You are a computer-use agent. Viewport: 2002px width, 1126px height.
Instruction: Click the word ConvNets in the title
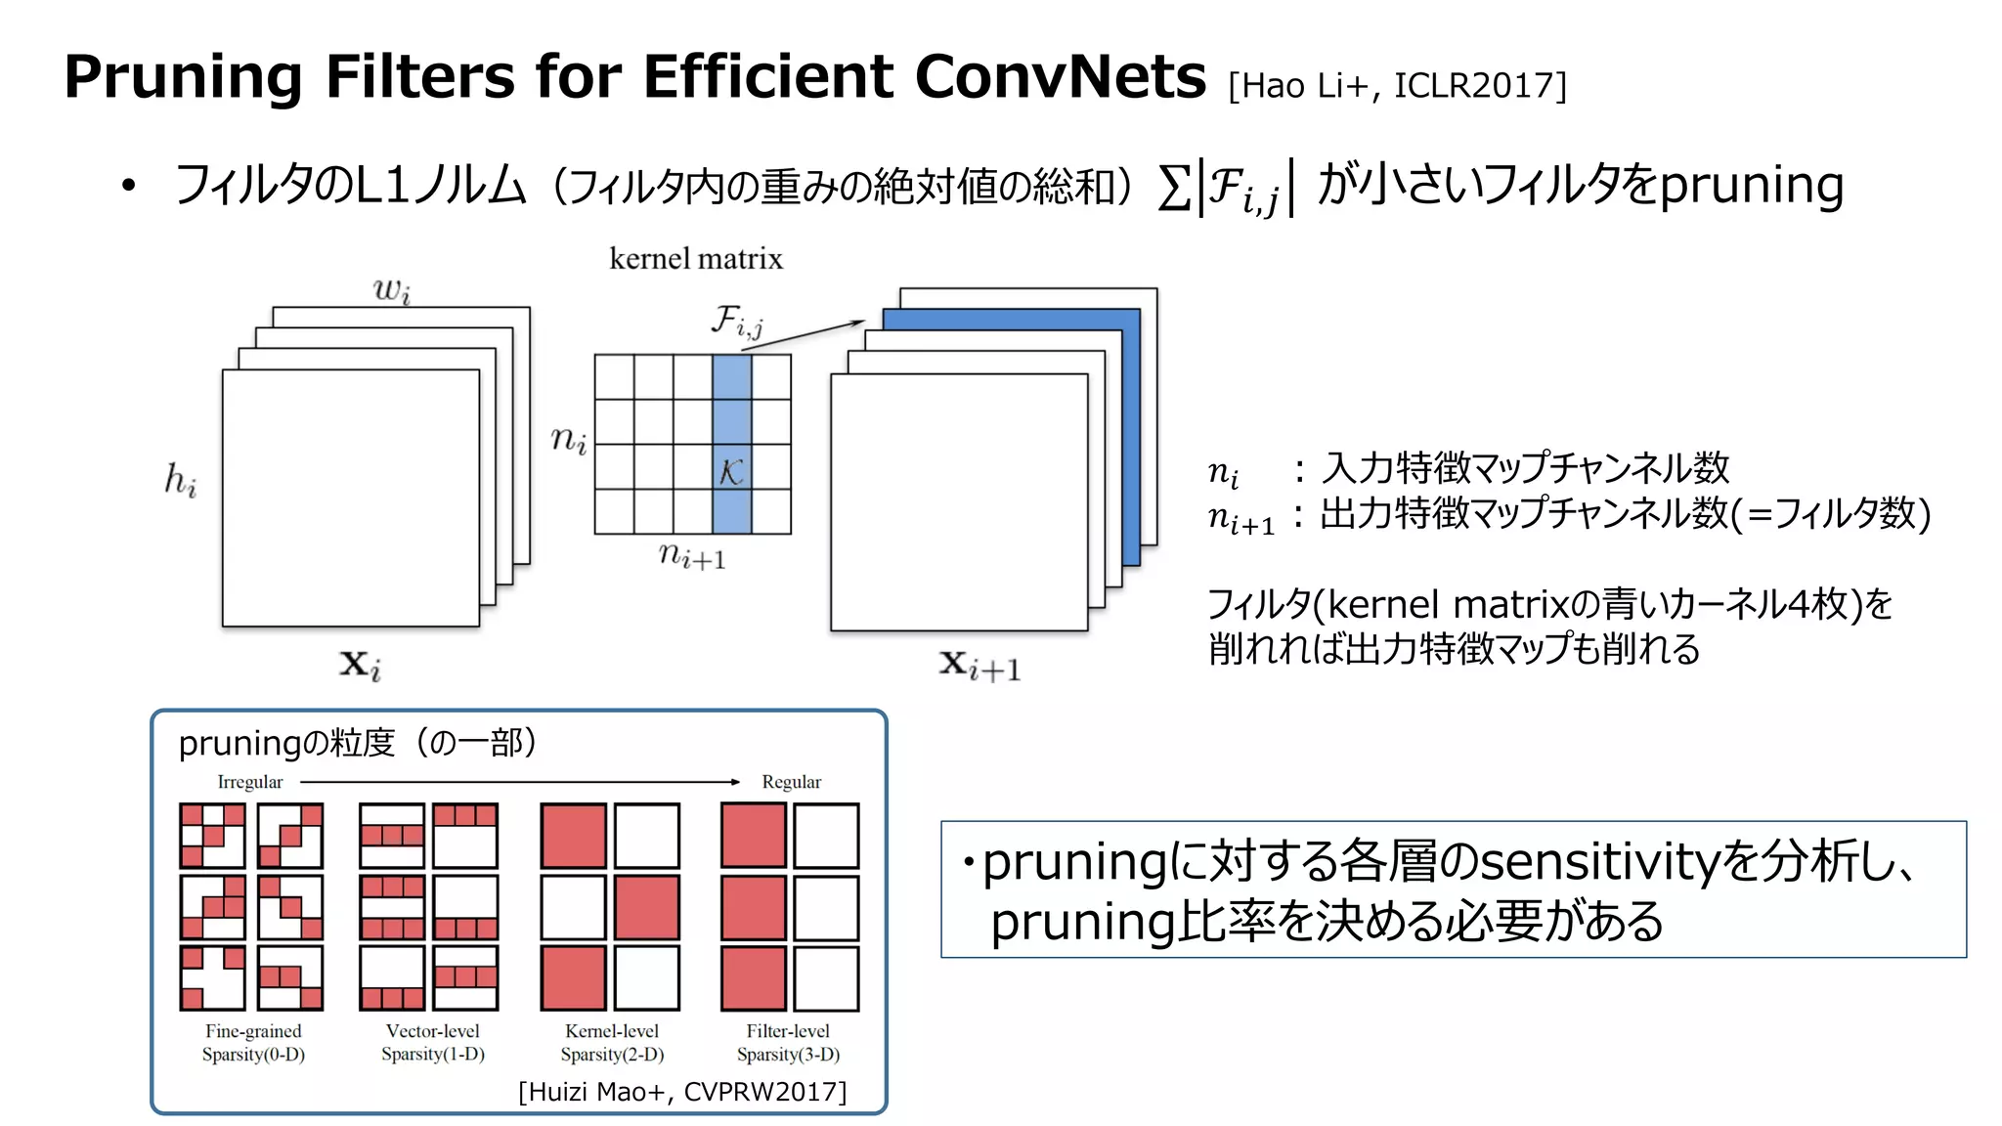pyautogui.click(x=1060, y=76)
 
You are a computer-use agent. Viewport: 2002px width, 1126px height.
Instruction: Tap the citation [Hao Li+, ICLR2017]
pyautogui.click(x=1397, y=86)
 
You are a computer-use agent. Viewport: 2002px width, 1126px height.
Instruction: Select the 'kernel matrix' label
pyautogui.click(x=696, y=259)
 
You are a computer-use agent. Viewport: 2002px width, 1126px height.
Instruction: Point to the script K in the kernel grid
pyautogui.click(x=731, y=472)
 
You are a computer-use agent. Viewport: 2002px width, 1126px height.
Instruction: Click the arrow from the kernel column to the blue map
pyautogui.click(x=811, y=332)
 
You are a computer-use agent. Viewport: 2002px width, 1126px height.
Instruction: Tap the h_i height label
pyautogui.click(x=181, y=480)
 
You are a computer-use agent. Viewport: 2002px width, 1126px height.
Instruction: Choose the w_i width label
pyautogui.click(x=392, y=290)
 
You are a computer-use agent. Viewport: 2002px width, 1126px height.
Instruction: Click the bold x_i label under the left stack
pyautogui.click(x=360, y=665)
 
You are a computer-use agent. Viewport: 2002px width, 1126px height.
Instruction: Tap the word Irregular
pyautogui.click(x=249, y=782)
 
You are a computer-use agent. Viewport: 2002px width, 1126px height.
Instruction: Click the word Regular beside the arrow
pyautogui.click(x=791, y=782)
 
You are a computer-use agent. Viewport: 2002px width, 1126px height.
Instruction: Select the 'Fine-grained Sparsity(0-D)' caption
pyautogui.click(x=253, y=1042)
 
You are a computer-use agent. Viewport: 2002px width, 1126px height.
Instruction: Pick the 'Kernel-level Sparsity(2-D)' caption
pyautogui.click(x=612, y=1042)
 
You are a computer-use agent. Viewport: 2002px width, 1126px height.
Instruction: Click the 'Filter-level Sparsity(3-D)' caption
pyautogui.click(x=788, y=1042)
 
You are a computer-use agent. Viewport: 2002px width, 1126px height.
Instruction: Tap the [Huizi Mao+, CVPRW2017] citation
pyautogui.click(x=682, y=1092)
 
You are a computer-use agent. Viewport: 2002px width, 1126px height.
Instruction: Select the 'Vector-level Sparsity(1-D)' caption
pyautogui.click(x=433, y=1042)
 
